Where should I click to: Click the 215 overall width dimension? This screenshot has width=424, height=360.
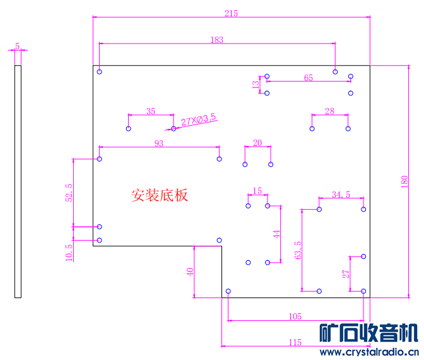click(x=231, y=13)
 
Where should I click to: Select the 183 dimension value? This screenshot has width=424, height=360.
click(x=216, y=39)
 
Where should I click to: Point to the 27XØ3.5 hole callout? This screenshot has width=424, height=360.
click(x=199, y=119)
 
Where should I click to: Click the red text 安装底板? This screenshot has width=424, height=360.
click(x=160, y=195)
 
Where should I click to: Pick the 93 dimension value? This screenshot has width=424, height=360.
click(x=158, y=143)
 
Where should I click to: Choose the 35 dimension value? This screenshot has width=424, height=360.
click(x=151, y=111)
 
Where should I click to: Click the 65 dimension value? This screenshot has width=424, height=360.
click(x=309, y=78)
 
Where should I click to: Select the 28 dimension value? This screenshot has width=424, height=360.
click(x=329, y=111)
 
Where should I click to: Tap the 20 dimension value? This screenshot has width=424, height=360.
click(x=257, y=143)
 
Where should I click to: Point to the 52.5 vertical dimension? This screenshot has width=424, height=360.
click(x=69, y=193)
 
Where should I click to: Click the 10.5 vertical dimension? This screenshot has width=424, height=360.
click(x=69, y=253)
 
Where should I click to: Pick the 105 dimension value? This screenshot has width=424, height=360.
click(x=295, y=316)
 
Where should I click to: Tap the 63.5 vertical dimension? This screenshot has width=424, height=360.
click(x=298, y=250)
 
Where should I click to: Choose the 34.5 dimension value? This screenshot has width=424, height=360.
click(x=341, y=194)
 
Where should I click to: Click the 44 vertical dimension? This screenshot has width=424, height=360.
click(x=276, y=234)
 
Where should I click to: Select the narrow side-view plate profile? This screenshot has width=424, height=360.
click(x=18, y=181)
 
